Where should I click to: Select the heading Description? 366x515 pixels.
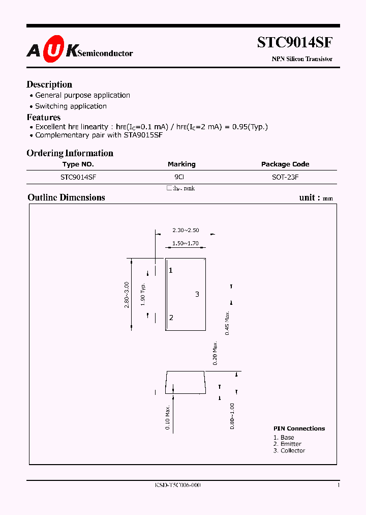pos(49,84)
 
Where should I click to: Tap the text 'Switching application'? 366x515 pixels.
pos(71,106)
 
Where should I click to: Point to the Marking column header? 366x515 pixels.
pos(181,164)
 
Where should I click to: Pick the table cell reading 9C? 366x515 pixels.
pos(179,177)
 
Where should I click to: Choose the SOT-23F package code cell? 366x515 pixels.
pos(285,177)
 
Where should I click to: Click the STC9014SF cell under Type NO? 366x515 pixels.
pos(78,177)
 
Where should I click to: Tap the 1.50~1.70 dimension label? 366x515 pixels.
pos(185,244)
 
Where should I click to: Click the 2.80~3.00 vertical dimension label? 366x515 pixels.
pos(127,294)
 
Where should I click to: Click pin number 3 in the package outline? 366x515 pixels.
pos(197,294)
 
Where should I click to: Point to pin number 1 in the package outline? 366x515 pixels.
pos(171,270)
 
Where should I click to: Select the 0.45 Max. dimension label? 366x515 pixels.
pos(228,322)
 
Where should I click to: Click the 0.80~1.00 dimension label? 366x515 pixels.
pos(232,416)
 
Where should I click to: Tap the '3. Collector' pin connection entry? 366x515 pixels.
pos(289,450)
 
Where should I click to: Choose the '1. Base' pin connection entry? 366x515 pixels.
pos(284,437)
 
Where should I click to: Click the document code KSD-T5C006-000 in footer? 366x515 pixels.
pos(177,485)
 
